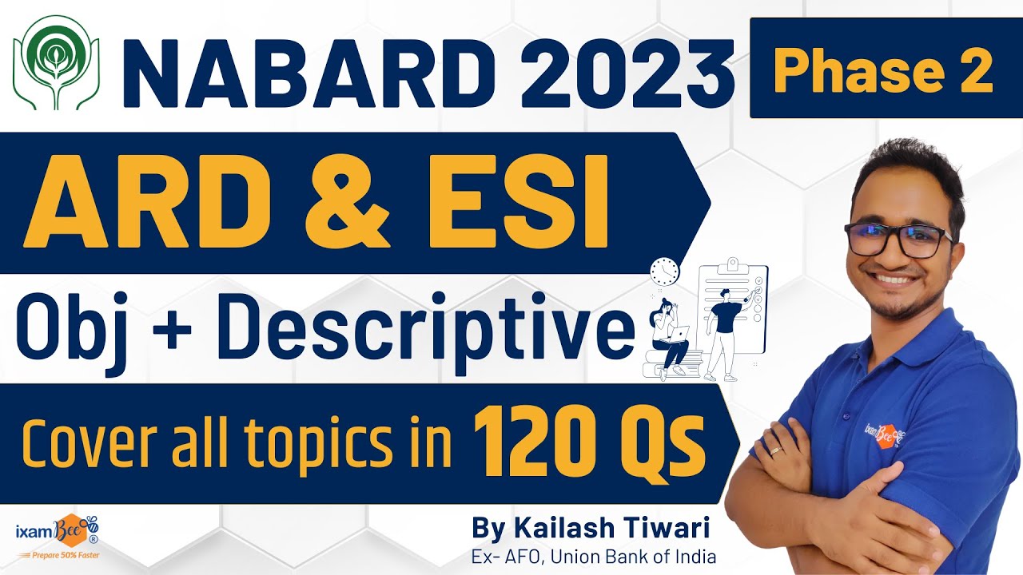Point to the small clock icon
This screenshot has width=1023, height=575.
tap(664, 272)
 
